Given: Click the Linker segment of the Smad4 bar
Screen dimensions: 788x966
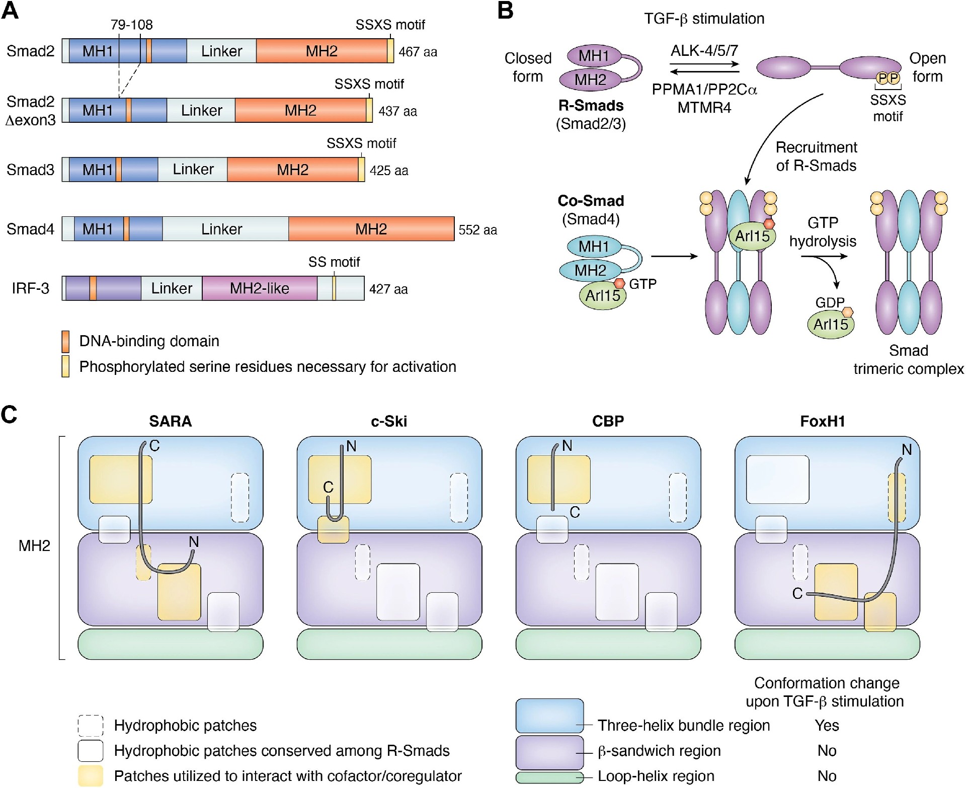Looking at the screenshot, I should (x=222, y=229).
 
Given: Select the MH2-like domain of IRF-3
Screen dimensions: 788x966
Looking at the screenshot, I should (x=260, y=288).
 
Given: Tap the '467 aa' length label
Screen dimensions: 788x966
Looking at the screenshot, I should (x=418, y=52).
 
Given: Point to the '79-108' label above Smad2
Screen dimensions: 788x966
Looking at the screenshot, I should (x=131, y=25).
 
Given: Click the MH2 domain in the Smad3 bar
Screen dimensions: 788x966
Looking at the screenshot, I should (x=292, y=170).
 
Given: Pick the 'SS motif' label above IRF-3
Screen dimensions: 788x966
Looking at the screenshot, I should (x=334, y=262).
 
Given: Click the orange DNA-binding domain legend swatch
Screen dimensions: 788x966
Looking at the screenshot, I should (x=65, y=341).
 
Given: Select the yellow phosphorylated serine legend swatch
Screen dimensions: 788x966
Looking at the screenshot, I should (x=65, y=366).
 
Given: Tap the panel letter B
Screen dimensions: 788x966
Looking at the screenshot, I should (x=505, y=11).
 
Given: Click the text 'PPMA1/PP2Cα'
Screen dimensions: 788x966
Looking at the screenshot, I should (x=704, y=90).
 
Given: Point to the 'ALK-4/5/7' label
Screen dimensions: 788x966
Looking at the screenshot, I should (x=704, y=51).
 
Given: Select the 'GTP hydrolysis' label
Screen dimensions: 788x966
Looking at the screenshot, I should (x=823, y=232).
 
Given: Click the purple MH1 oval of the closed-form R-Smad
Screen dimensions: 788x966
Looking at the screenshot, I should (x=594, y=56).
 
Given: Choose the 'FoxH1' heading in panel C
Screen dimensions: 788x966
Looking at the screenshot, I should (x=822, y=421).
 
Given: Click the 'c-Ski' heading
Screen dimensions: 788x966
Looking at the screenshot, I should (x=388, y=421).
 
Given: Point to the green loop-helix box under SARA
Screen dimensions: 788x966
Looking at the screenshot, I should (x=170, y=644).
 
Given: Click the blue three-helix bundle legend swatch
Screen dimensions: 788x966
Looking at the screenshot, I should (x=549, y=715).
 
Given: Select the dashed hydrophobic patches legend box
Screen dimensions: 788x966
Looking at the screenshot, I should (x=91, y=726).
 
